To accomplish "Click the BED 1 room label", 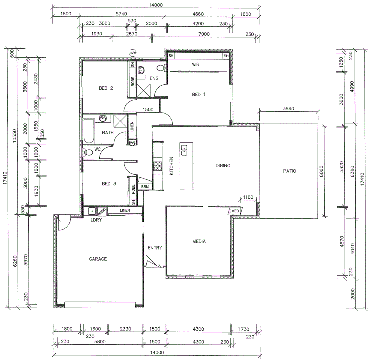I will point(199,94).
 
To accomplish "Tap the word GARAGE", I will point(98,259).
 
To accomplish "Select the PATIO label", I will point(289,171).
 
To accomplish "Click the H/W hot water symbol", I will point(133,53).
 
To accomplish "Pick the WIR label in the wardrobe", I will point(195,64).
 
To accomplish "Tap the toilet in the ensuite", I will point(161,68).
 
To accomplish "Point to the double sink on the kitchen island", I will point(184,150).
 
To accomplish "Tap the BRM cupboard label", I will point(145,187).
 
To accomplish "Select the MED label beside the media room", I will point(235,211).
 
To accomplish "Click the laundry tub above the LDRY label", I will point(91,211).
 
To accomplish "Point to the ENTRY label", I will point(155,248).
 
